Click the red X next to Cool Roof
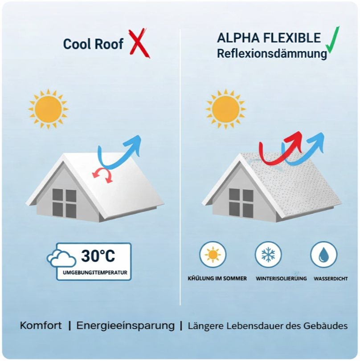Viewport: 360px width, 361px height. pyautogui.click(x=139, y=43)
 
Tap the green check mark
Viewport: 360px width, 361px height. pyautogui.click(x=332, y=41)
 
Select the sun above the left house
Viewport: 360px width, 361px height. pyautogui.click(x=48, y=109)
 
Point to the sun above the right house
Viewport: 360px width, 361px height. pyautogui.click(x=225, y=109)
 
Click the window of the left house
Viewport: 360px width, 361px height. pyautogui.click(x=65, y=203)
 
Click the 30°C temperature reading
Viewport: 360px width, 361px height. pyautogui.click(x=98, y=256)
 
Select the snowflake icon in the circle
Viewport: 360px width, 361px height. pyautogui.click(x=268, y=255)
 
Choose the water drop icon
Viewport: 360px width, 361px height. pyautogui.click(x=323, y=255)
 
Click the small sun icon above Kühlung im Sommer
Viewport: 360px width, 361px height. pyautogui.click(x=213, y=255)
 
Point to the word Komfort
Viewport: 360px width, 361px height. pyautogui.click(x=41, y=325)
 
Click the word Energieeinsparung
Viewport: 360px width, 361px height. pyautogui.click(x=126, y=325)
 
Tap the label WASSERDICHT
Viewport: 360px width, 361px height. pyautogui.click(x=331, y=279)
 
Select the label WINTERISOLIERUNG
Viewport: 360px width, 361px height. pyautogui.click(x=281, y=279)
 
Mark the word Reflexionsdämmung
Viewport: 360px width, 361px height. pyautogui.click(x=272, y=54)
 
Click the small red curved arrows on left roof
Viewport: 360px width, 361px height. pyautogui.click(x=103, y=174)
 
